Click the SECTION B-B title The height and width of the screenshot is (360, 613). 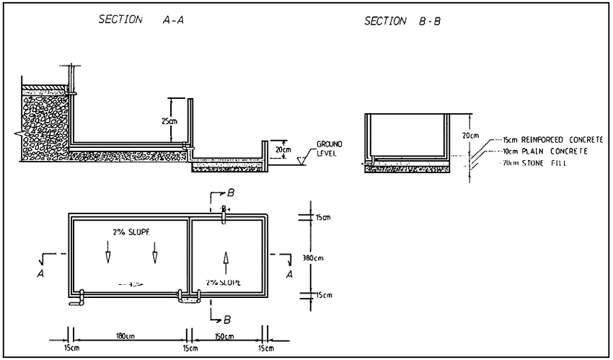click(403, 22)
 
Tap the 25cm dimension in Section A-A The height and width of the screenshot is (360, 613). click(169, 121)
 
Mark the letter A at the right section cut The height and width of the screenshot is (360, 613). click(289, 274)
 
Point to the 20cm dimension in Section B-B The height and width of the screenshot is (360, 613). click(471, 135)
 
